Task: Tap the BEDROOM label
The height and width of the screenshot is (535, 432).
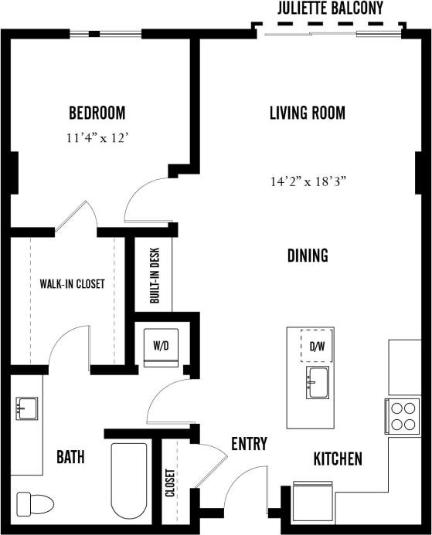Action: click(x=97, y=113)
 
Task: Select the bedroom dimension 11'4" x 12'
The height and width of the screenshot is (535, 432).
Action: click(x=97, y=139)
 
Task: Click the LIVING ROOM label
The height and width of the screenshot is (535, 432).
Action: click(x=307, y=113)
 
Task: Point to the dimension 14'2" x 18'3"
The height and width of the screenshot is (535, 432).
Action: click(x=307, y=182)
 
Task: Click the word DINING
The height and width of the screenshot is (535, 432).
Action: click(x=308, y=256)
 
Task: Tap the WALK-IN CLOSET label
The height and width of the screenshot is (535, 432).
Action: click(x=72, y=283)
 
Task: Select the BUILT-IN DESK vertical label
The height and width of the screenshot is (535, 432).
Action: click(x=155, y=275)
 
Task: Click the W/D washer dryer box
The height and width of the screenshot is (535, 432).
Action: click(x=162, y=347)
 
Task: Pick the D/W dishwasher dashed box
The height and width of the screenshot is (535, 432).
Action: click(x=317, y=347)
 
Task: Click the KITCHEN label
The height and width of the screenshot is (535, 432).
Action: click(x=337, y=459)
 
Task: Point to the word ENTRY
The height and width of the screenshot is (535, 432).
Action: click(x=249, y=444)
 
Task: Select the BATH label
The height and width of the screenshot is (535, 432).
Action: click(x=70, y=457)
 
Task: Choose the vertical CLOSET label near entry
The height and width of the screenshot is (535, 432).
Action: click(x=169, y=483)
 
